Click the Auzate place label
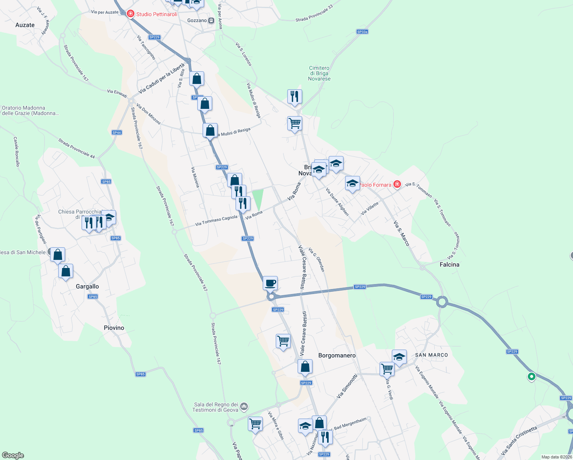pos(25,25)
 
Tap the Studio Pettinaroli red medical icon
pos(131,14)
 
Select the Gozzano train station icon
pos(211,20)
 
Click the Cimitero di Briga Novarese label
pos(319,73)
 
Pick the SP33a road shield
pos(362,32)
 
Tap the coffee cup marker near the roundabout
pos(270,284)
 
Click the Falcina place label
pos(449,264)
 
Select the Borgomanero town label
pos(337,355)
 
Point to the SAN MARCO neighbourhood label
pos(431,355)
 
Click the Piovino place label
pos(114,328)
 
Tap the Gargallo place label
pos(87,286)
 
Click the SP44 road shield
pos(117,133)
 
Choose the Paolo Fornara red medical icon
pos(397,184)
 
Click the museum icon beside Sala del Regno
pos(244,406)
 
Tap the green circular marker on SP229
pos(531,376)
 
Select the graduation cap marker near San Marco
pos(399,357)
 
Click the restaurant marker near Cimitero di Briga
pos(295,97)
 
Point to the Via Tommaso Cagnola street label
pos(216,220)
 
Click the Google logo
pos(13,455)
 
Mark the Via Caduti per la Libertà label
pos(162,78)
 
